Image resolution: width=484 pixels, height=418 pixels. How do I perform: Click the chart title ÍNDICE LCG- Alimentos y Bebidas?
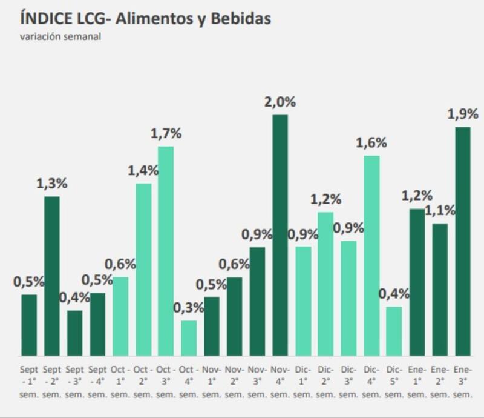click(145, 18)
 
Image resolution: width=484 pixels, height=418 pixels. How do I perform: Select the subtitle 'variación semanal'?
click(60, 37)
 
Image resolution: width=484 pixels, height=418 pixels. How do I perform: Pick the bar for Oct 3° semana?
click(166, 251)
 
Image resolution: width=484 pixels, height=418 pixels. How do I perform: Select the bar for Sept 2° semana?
click(52, 276)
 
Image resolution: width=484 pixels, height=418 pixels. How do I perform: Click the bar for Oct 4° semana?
click(189, 338)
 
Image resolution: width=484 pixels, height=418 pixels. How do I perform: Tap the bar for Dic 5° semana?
click(394, 331)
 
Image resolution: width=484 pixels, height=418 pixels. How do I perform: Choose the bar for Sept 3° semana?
click(74, 333)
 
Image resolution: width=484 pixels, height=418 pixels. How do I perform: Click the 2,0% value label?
click(280, 102)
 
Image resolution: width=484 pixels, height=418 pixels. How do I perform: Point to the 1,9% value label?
click(463, 114)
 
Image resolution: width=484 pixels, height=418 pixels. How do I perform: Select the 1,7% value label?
click(166, 133)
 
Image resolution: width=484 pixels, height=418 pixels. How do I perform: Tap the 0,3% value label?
click(188, 308)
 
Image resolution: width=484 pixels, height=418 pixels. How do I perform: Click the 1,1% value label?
click(440, 211)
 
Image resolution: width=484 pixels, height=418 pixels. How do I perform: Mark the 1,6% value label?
click(371, 143)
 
